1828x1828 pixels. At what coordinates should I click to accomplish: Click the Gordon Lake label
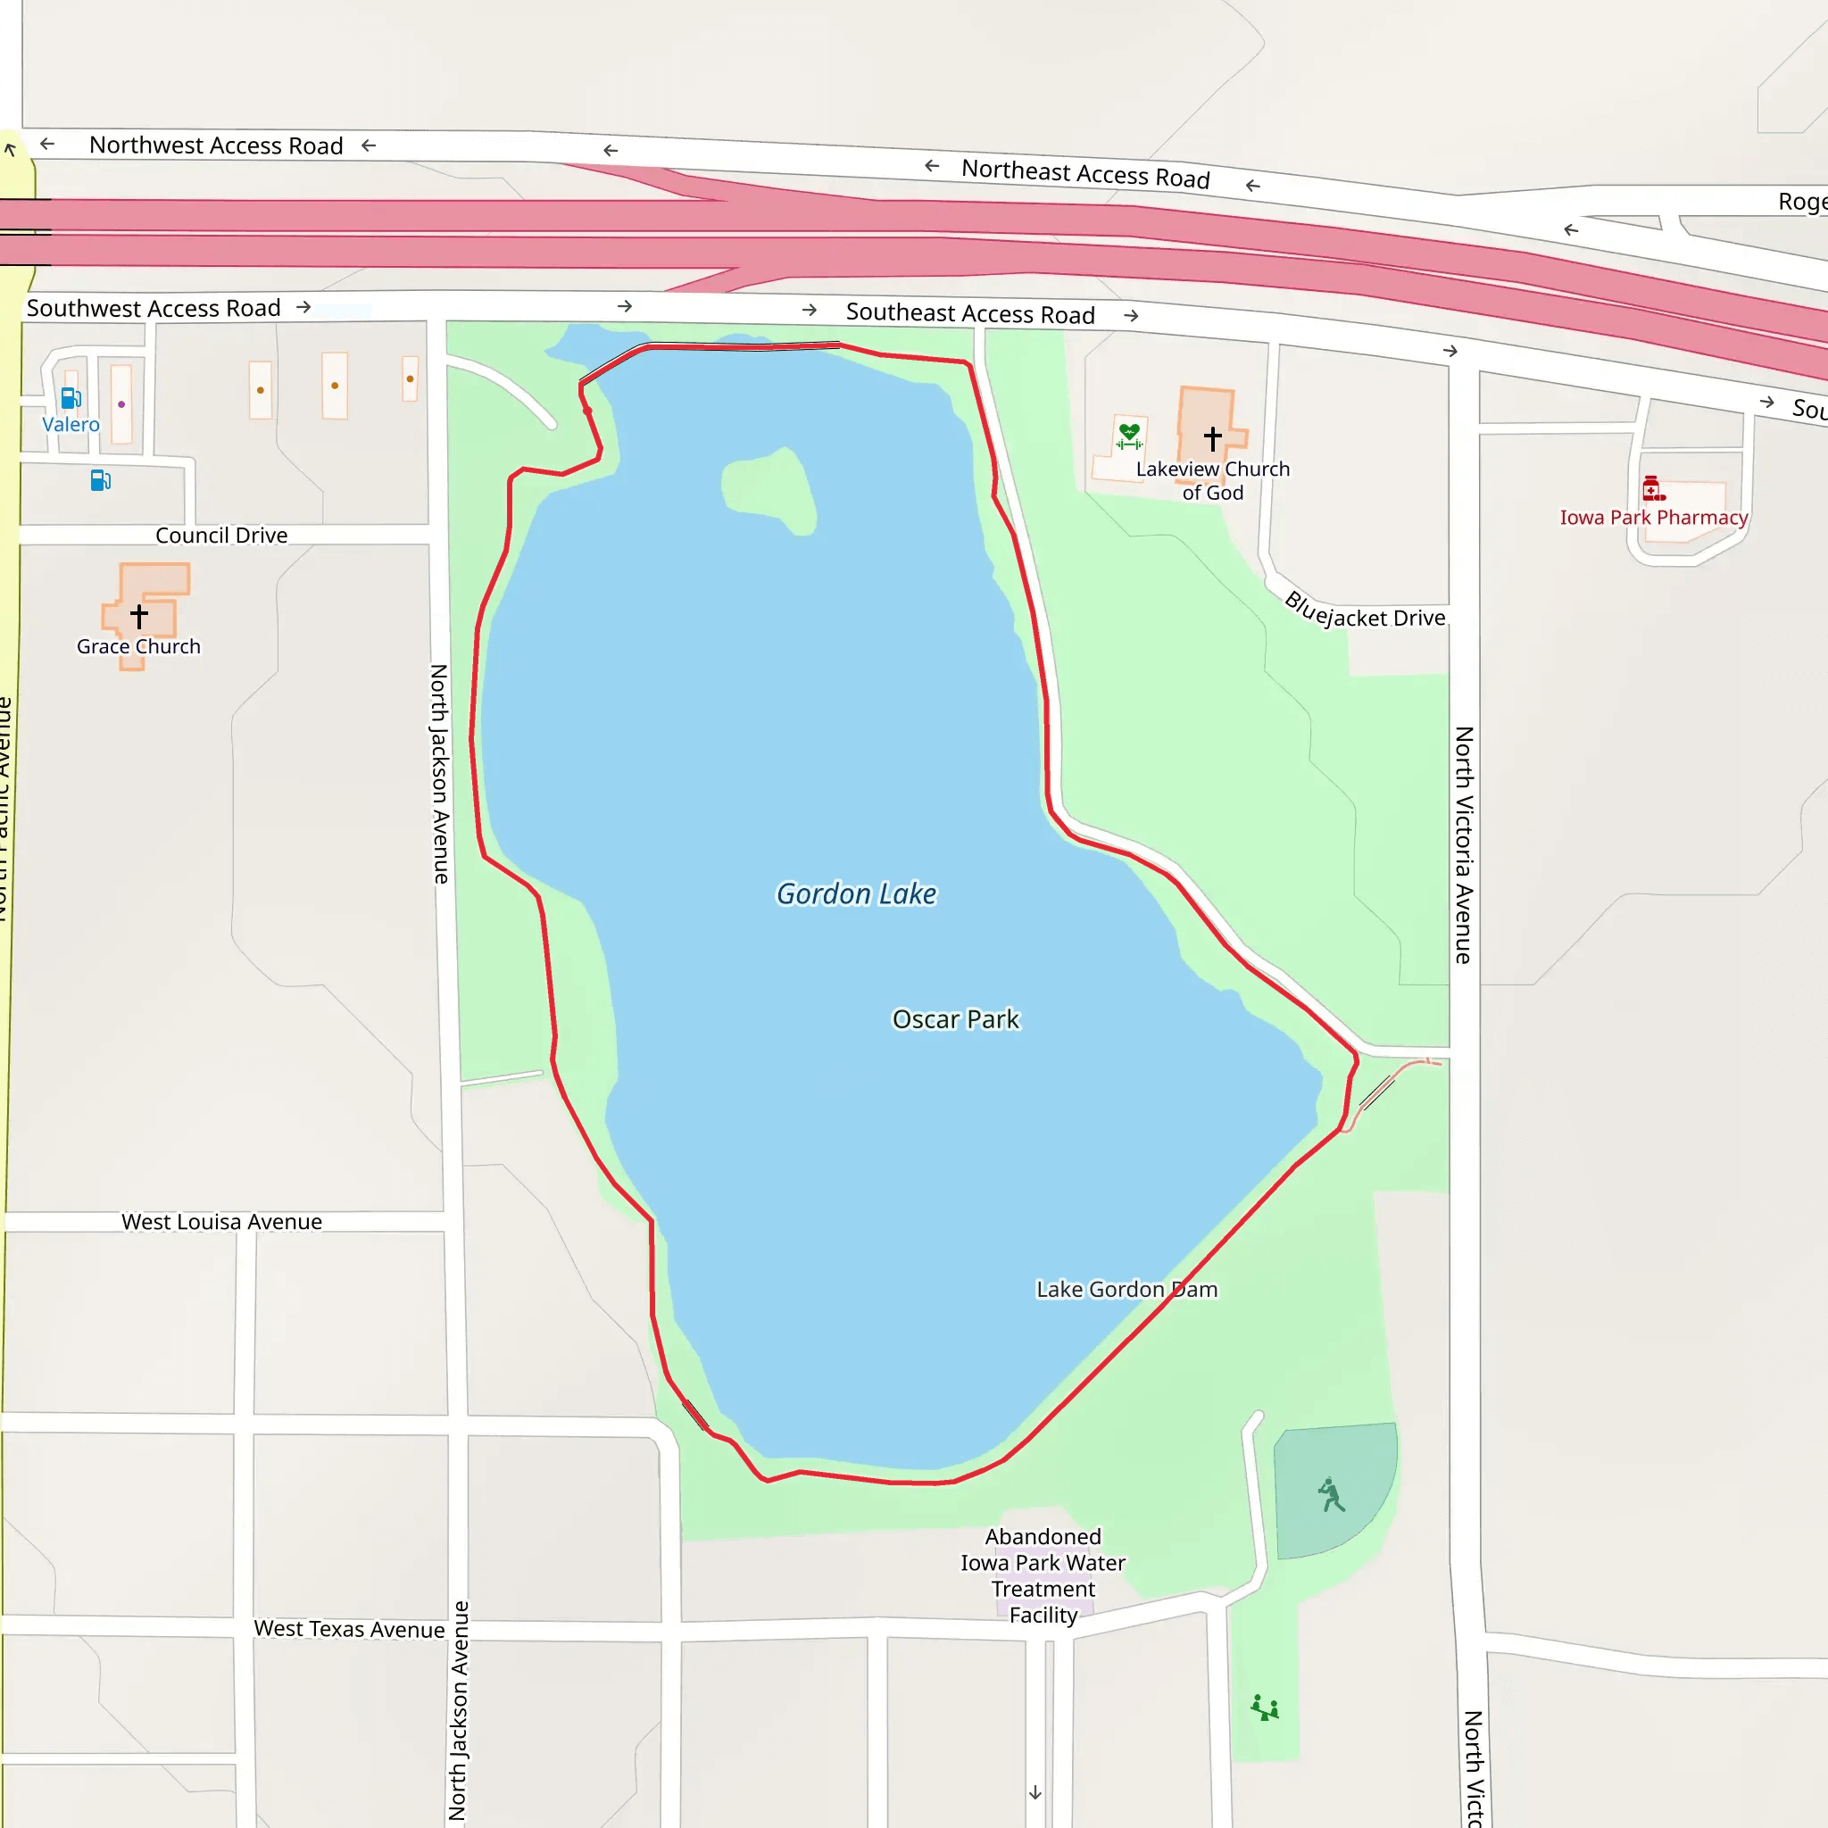(x=856, y=894)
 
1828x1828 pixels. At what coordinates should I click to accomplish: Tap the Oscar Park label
(x=956, y=1020)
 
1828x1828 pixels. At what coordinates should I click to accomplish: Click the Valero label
(x=71, y=425)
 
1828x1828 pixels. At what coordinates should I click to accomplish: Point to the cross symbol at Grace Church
(x=139, y=616)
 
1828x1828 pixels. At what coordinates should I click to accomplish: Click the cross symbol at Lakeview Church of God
(x=1212, y=438)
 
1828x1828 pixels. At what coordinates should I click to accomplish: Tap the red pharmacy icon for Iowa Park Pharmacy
(x=1652, y=488)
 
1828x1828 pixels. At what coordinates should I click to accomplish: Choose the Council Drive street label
(x=221, y=536)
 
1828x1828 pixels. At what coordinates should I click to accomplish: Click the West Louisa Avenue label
(x=221, y=1222)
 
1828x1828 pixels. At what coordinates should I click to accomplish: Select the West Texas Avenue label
(x=349, y=1628)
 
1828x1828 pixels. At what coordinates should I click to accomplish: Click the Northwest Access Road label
(x=216, y=145)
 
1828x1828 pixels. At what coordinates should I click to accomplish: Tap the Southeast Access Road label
(x=970, y=313)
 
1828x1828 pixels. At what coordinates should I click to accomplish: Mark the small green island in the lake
(x=769, y=490)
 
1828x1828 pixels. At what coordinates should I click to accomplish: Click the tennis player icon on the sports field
(x=1331, y=1495)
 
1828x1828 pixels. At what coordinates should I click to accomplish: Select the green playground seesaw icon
(x=1264, y=1708)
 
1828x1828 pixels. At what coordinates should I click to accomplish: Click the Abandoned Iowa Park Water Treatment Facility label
(x=1043, y=1575)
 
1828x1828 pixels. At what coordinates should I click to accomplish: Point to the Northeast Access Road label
(x=1085, y=174)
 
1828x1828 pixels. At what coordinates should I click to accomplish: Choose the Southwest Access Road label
(x=154, y=309)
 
